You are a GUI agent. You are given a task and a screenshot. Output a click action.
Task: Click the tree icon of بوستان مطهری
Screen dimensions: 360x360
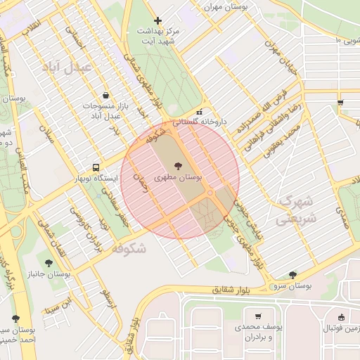(x=175, y=165)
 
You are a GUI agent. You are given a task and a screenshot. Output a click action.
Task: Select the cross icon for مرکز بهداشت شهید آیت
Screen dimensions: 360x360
(x=157, y=20)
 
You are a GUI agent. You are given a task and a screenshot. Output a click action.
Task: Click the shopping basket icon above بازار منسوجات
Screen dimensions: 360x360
(x=105, y=95)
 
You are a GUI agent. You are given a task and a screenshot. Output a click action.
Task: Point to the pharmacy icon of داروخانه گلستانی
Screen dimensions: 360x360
(x=200, y=111)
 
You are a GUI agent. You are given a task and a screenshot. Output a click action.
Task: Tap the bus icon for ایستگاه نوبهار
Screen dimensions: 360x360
(x=96, y=167)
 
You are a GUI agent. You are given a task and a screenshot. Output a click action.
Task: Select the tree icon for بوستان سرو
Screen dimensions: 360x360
(x=292, y=274)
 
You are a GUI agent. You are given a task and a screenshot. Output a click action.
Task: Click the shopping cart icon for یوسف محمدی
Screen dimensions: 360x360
(x=258, y=316)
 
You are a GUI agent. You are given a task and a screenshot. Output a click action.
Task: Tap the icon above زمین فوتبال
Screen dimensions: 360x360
(x=341, y=316)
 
